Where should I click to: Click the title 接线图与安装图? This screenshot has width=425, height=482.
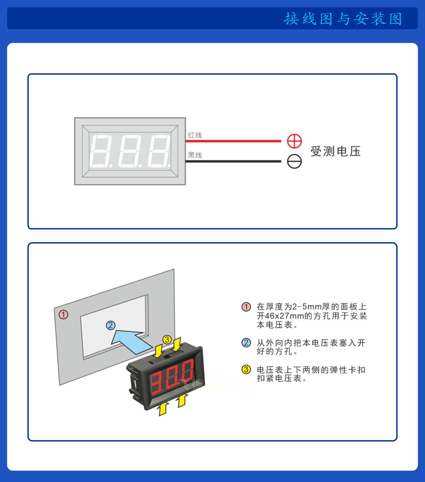point(343,19)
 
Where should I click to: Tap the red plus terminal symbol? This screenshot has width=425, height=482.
point(294,141)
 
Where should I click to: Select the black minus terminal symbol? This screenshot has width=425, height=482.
point(294,161)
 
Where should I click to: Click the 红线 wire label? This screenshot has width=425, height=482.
point(195,135)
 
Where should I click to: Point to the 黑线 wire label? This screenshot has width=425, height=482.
point(195,155)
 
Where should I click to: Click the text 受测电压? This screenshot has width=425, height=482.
point(335,151)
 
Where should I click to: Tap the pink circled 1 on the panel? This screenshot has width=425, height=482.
point(64,314)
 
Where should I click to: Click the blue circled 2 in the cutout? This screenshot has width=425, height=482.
point(110,325)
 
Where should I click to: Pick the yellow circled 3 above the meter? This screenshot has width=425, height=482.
point(167,340)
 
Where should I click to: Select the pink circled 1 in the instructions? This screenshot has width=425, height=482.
point(246,307)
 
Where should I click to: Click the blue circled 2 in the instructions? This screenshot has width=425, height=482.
point(246,343)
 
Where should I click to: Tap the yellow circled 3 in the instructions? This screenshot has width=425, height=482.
point(246,370)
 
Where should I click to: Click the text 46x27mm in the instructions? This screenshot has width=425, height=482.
point(284,316)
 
